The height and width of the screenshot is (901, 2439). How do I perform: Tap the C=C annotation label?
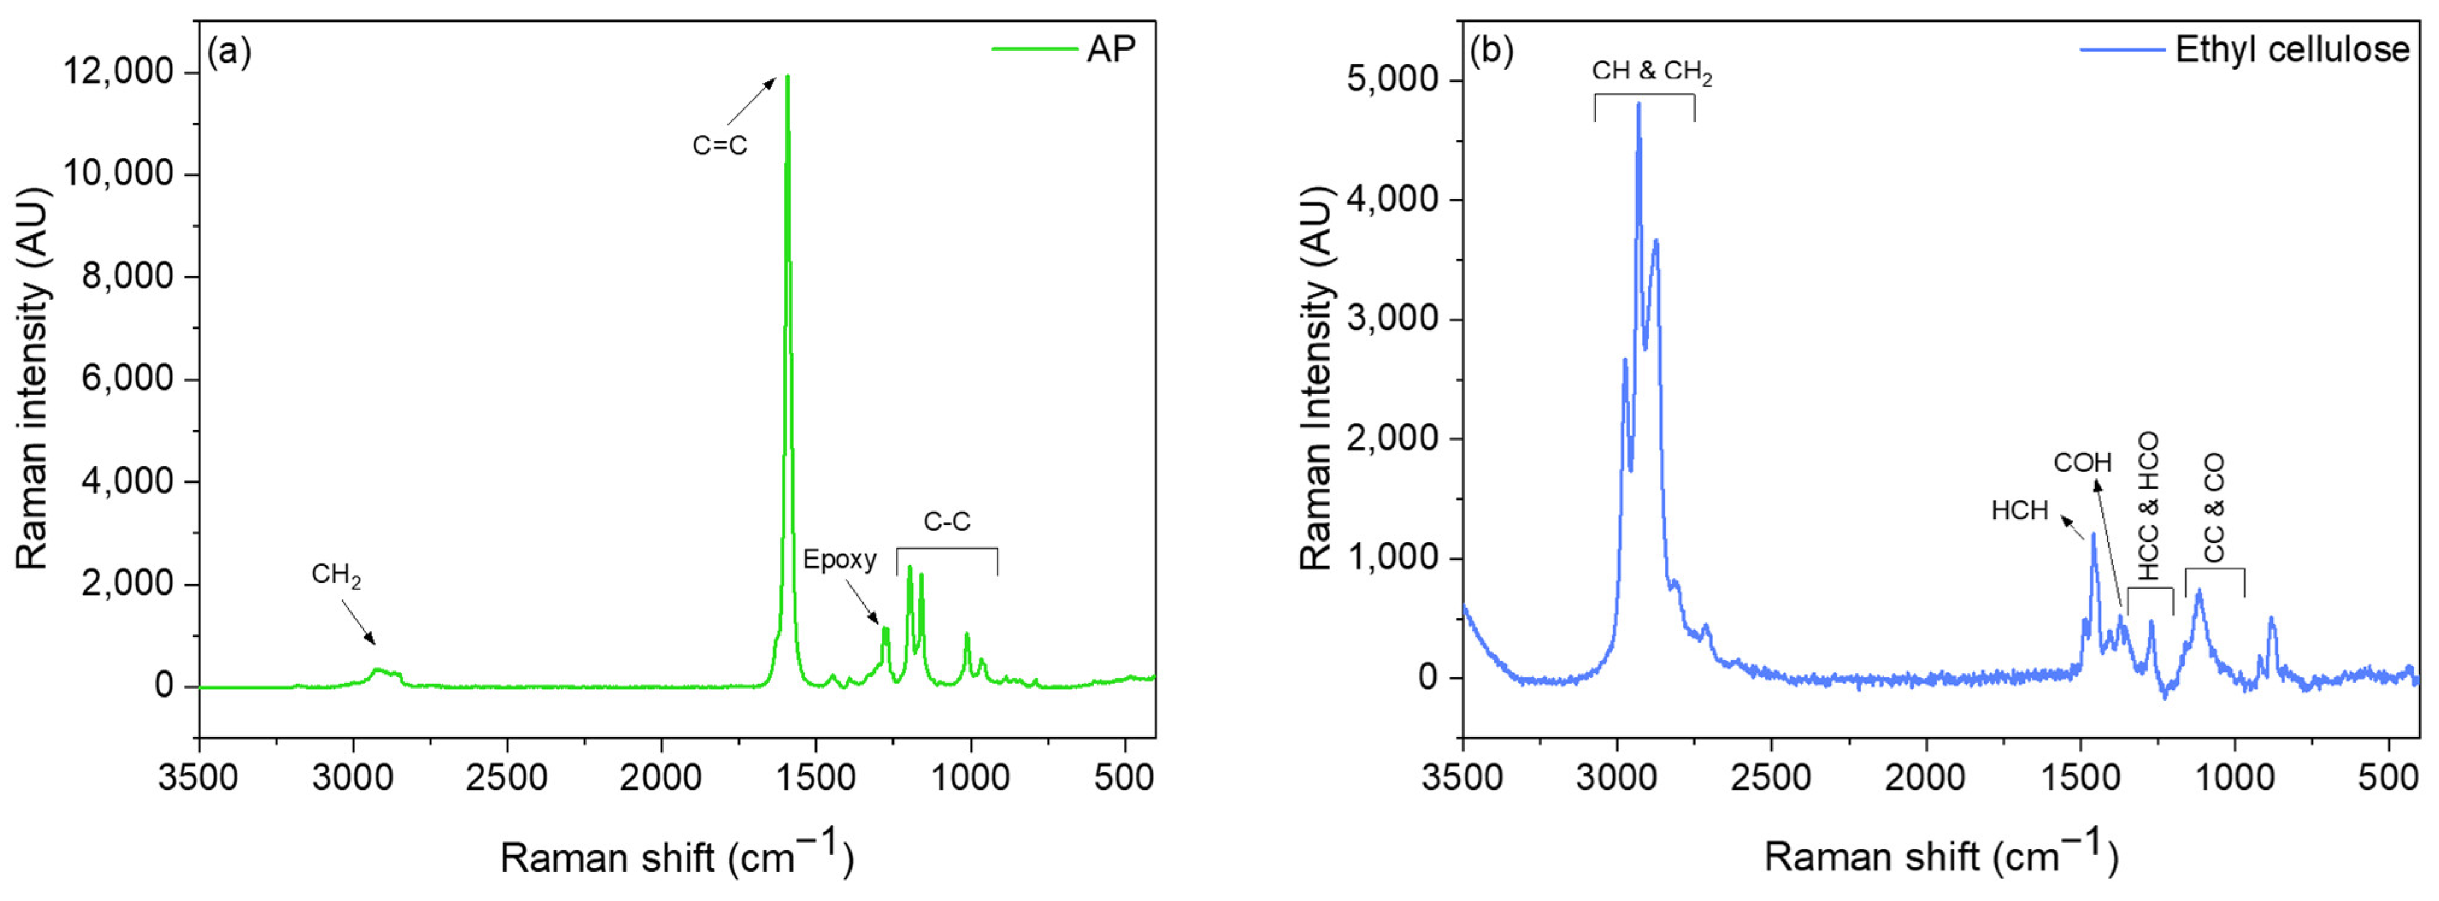[720, 146]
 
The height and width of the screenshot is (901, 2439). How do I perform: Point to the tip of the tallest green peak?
[787, 76]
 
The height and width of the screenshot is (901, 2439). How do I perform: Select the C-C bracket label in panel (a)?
[947, 521]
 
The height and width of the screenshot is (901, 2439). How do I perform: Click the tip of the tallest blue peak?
[1638, 104]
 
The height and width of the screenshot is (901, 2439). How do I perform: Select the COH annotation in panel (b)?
[2082, 463]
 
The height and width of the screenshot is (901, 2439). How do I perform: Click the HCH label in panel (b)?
[2020, 511]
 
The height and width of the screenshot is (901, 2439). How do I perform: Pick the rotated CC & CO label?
[2214, 508]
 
